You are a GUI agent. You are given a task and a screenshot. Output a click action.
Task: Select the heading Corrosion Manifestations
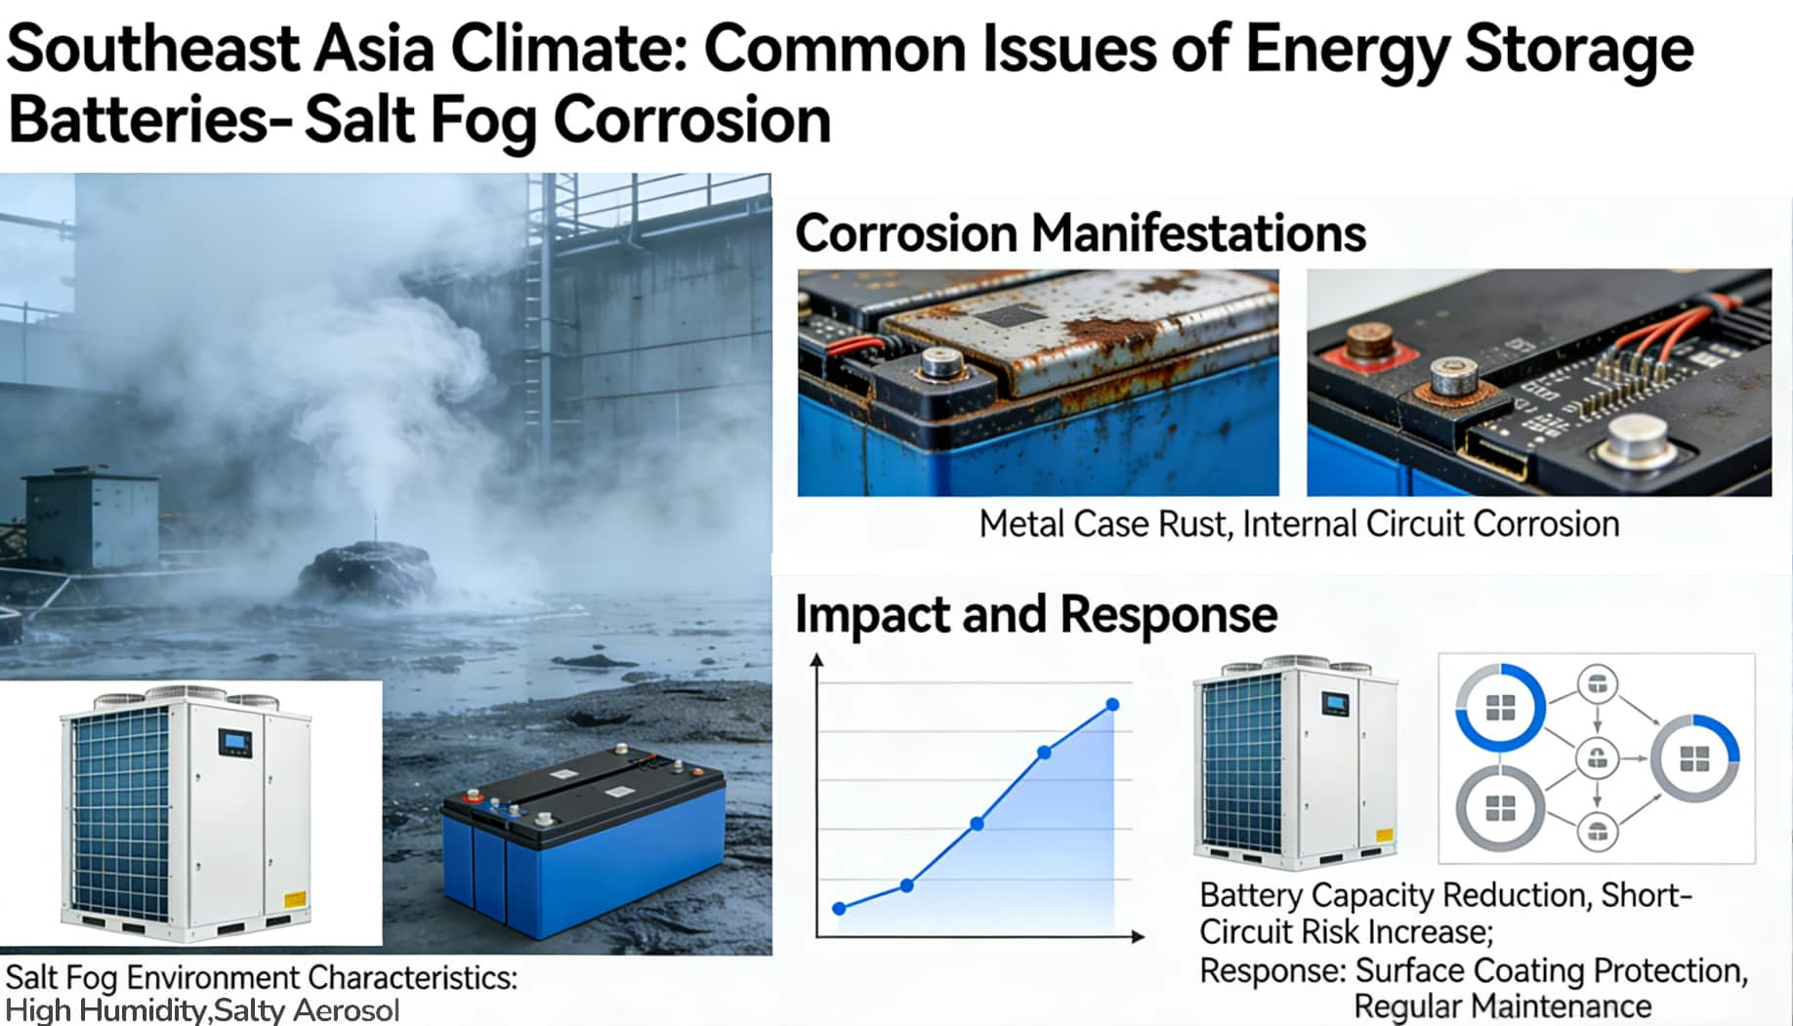(x=1080, y=233)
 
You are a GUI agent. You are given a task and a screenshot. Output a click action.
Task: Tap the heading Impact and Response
(x=1036, y=615)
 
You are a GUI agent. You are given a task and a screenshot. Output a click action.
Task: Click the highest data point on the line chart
(x=1112, y=705)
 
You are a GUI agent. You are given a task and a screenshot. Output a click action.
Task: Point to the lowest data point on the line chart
(x=839, y=908)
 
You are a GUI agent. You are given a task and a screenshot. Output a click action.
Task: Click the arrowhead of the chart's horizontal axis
(x=1138, y=936)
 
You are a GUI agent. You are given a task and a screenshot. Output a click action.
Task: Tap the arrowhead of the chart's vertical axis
(x=817, y=661)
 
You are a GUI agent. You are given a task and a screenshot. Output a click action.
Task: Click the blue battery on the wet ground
(x=583, y=836)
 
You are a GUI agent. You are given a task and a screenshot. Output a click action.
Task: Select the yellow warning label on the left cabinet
(x=294, y=900)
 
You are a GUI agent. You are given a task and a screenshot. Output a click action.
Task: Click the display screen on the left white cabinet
(x=234, y=744)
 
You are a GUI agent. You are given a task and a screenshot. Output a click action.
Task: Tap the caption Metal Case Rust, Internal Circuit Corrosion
(x=1299, y=524)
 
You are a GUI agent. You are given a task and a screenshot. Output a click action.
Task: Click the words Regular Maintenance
(x=1503, y=1005)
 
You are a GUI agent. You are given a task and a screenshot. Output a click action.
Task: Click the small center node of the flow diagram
(x=1598, y=758)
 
